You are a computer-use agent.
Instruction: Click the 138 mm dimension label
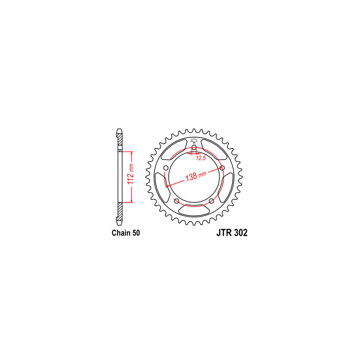(x=196, y=176)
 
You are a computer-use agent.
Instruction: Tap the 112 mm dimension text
(x=130, y=174)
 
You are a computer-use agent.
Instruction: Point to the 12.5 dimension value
(x=201, y=158)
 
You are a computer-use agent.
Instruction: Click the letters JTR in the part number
(x=224, y=233)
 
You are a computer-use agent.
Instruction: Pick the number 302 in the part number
(x=241, y=233)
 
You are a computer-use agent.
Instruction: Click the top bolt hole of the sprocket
(x=194, y=147)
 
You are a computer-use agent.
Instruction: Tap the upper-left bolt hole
(x=166, y=168)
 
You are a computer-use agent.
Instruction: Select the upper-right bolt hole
(x=222, y=168)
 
